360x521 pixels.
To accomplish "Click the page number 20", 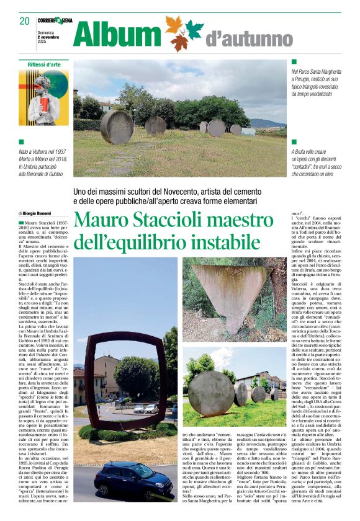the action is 24,20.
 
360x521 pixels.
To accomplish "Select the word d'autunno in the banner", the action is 248,38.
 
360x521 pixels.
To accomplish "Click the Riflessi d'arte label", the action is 44,65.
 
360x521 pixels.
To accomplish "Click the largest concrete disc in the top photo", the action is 117,127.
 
